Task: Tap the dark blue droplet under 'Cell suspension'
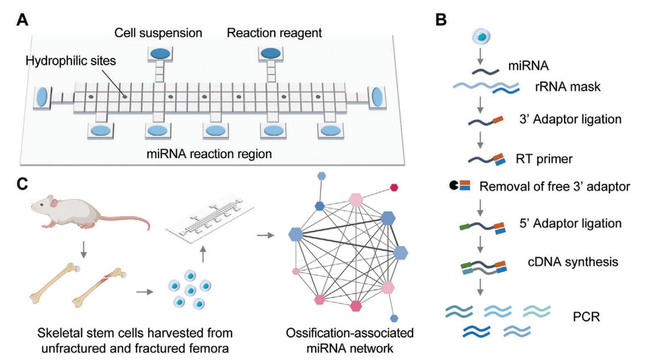pos(159,54)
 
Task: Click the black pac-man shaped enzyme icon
pos(454,186)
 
